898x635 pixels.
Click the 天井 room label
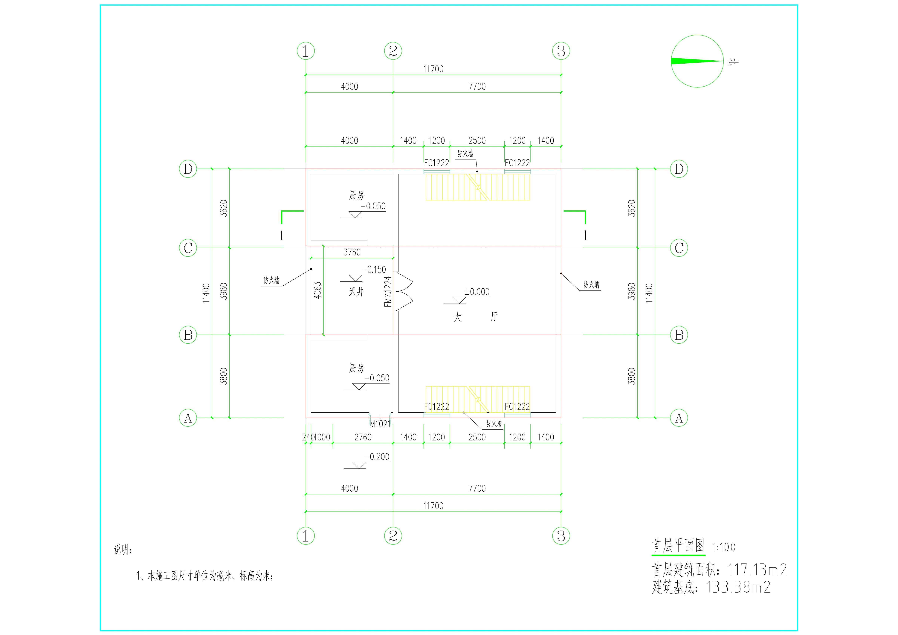point(356,292)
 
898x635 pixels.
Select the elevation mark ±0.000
point(477,292)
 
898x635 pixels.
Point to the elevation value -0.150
point(374,270)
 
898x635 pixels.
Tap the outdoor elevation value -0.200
point(377,457)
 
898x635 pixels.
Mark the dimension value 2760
point(363,437)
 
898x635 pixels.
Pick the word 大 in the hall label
point(457,317)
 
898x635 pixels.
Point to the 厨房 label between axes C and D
point(356,195)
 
